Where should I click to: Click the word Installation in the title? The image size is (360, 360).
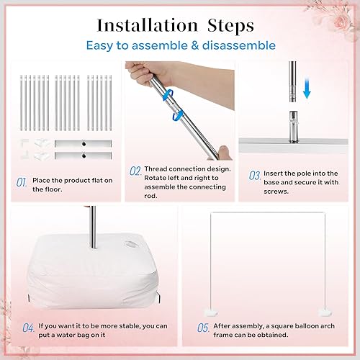(147, 25)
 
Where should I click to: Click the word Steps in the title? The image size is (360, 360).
(230, 26)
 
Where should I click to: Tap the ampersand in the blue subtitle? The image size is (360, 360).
(195, 45)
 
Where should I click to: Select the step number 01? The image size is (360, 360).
(22, 182)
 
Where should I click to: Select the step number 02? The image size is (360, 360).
(135, 171)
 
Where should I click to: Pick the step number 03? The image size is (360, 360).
(255, 176)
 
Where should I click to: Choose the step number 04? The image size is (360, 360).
(28, 328)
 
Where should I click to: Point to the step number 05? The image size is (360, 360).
(203, 328)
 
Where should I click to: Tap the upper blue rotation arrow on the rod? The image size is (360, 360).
(168, 95)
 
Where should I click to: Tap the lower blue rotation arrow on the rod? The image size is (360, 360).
(178, 114)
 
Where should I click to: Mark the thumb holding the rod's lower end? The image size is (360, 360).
(225, 152)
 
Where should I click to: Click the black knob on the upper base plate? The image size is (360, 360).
(84, 143)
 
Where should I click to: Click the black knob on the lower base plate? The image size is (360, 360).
(84, 156)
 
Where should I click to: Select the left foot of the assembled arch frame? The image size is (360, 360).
(211, 312)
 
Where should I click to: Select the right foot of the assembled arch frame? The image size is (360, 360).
(325, 312)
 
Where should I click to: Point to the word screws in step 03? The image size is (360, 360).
(276, 192)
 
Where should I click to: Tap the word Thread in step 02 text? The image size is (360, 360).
(156, 169)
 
